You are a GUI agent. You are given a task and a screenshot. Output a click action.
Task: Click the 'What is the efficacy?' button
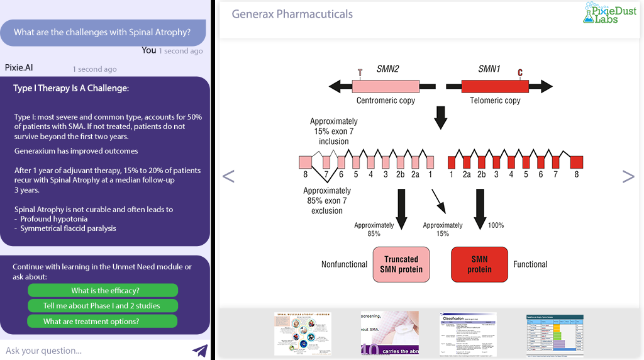103,290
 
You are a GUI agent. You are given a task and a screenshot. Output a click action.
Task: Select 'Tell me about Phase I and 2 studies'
103,306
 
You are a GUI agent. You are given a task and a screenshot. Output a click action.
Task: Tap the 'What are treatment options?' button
103,321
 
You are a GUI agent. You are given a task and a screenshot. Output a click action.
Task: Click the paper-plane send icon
199,351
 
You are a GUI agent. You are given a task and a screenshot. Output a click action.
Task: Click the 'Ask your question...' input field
94,351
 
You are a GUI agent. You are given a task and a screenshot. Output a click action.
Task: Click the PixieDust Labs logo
609,13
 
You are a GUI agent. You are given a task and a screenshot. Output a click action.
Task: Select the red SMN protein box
480,264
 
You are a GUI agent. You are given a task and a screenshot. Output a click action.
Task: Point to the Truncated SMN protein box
401,264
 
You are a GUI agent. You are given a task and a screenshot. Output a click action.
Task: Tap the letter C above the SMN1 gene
520,72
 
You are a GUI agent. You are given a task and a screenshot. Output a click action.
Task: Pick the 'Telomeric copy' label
495,101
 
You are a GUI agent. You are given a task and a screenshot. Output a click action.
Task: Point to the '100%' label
496,225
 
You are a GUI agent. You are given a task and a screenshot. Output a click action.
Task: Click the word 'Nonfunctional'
344,264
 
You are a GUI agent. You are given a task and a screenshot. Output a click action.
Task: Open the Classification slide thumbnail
468,334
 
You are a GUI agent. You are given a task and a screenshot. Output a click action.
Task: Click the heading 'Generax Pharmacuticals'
292,14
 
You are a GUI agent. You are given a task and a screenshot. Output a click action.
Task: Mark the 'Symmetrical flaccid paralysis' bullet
68,228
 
